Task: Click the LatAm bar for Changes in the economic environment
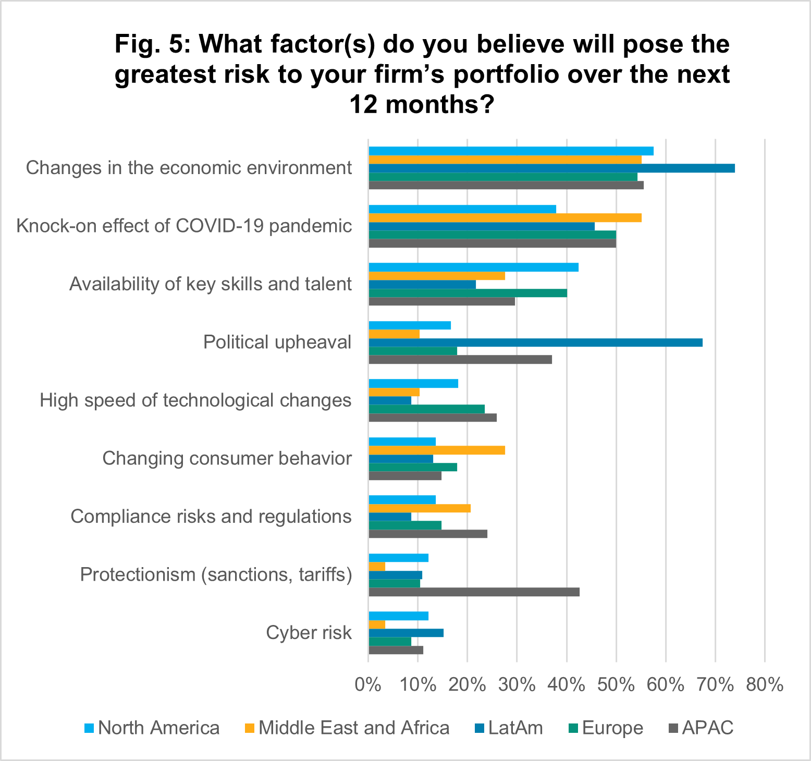click(551, 168)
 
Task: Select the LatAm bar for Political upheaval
click(535, 342)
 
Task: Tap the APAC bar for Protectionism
click(474, 592)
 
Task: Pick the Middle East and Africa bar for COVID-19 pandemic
click(505, 218)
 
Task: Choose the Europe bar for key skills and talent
click(468, 293)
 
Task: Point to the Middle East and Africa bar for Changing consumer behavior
click(437, 450)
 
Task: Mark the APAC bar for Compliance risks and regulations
click(428, 534)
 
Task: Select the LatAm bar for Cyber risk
click(406, 633)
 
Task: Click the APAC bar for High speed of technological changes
click(433, 418)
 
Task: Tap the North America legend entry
click(152, 728)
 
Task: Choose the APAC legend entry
click(701, 728)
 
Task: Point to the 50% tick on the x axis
click(616, 684)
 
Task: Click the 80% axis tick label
click(765, 684)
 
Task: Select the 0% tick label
click(368, 684)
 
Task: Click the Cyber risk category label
click(309, 633)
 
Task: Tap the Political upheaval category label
click(277, 342)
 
